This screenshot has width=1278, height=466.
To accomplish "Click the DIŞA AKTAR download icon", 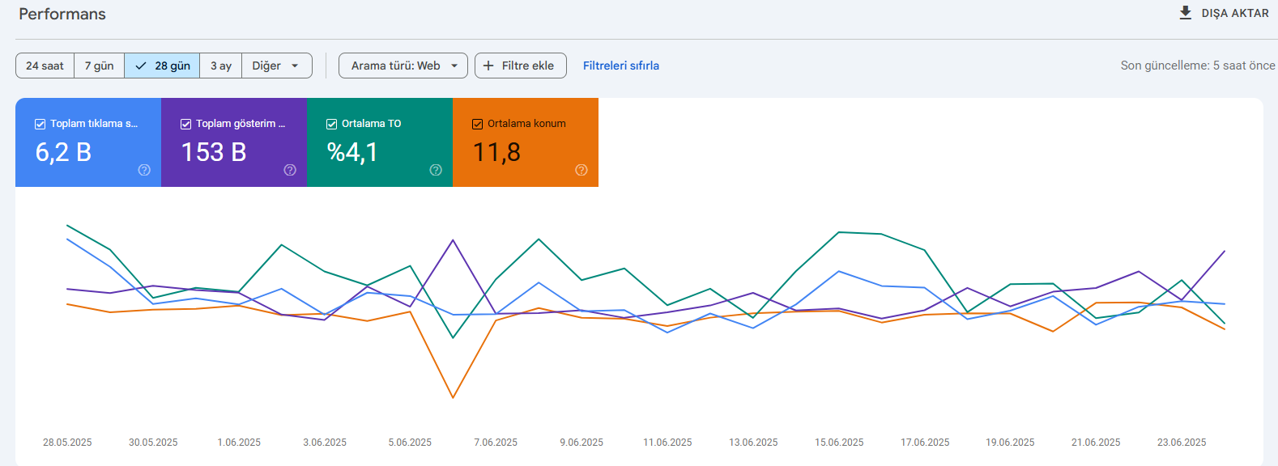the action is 1185,13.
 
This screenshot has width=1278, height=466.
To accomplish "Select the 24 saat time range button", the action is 45,66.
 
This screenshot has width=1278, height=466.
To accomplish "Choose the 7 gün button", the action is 100,66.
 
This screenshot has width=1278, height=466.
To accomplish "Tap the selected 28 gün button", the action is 162,66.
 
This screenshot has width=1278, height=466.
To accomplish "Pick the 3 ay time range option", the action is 221,66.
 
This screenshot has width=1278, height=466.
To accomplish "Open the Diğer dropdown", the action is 277,66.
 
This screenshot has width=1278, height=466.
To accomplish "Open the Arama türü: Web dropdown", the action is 403,66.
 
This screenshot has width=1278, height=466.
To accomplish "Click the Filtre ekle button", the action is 520,66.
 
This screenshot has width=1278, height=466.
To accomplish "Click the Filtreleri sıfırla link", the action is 620,66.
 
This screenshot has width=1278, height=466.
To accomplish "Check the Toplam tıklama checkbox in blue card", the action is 40,125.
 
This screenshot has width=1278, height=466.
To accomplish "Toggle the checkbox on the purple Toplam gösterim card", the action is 185,125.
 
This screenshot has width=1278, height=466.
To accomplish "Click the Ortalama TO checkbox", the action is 331,125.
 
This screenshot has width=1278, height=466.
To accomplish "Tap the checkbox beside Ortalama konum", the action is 478,125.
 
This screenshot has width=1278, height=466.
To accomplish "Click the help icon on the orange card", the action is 581,170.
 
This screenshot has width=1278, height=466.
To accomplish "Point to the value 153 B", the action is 213,152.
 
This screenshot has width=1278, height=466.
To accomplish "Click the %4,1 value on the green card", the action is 352,152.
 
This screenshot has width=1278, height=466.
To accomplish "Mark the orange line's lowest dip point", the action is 453,398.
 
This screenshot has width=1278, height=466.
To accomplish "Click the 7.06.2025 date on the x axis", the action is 495,442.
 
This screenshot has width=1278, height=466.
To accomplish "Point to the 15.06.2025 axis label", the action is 839,442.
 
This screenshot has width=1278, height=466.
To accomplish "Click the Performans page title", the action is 62,15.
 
